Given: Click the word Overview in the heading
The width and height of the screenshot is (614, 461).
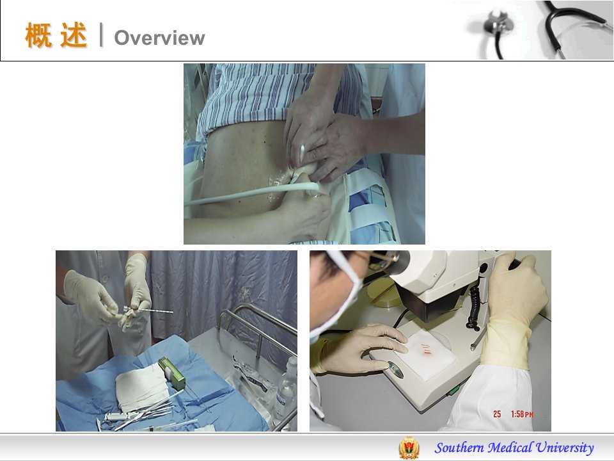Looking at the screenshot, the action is tap(159, 38).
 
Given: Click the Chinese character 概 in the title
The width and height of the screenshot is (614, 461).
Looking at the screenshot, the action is tap(38, 35).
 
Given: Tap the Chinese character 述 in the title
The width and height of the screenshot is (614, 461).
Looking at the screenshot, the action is tap(74, 35).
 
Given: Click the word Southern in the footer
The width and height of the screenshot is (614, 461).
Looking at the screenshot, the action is tap(459, 448).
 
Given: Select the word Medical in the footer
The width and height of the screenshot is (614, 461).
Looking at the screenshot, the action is tap(510, 448).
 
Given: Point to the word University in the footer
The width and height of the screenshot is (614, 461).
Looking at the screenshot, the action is tap(565, 448).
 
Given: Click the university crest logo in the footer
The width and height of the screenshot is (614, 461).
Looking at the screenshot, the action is tap(409, 448).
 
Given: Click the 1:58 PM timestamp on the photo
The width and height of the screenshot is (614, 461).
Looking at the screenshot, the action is tap(522, 414).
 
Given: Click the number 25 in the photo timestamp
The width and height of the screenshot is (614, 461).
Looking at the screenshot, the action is tap(497, 414).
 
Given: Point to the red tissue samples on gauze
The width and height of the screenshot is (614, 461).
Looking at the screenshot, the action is tap(424, 348).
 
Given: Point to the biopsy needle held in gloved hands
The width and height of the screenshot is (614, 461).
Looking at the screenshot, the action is tap(148, 311).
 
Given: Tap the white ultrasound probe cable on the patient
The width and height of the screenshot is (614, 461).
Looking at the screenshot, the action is tap(251, 193).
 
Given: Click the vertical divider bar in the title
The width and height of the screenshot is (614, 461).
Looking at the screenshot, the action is tap(102, 35).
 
